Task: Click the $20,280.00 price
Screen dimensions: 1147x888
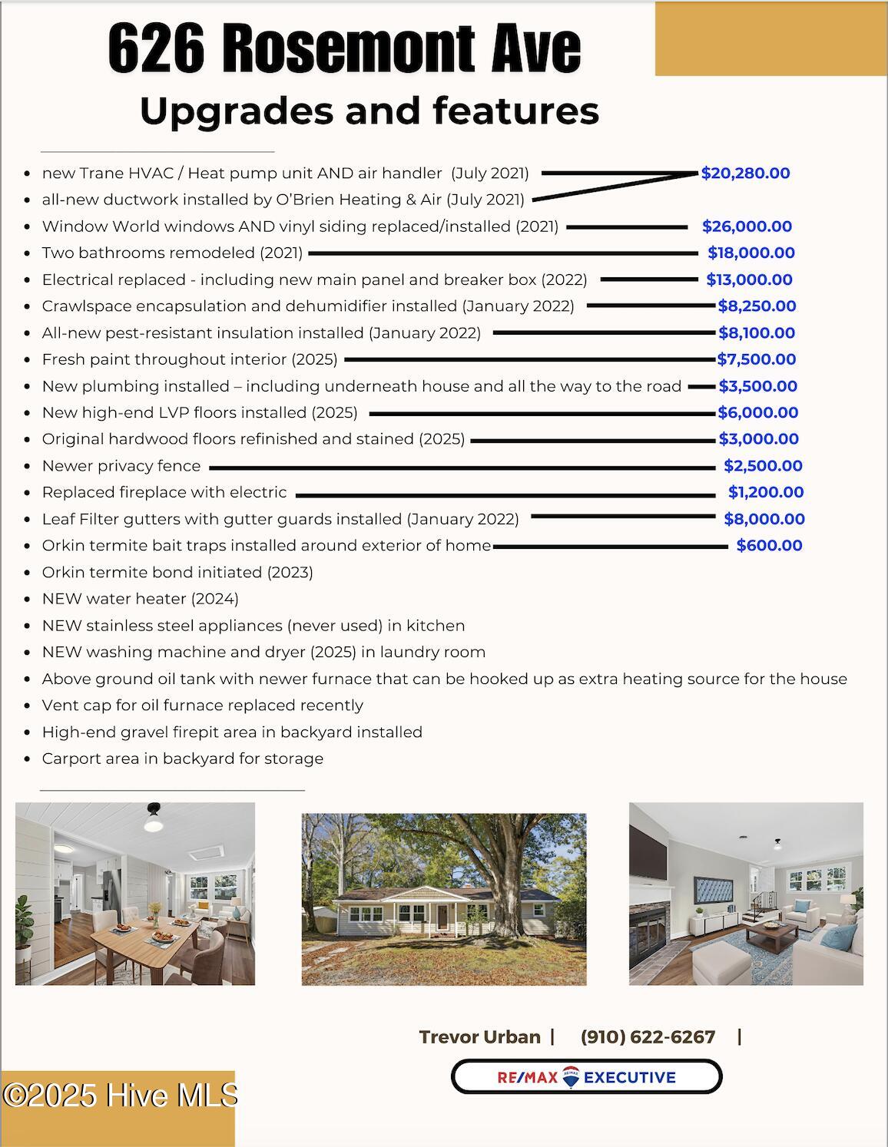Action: (745, 174)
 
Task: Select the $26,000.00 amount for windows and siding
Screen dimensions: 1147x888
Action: (747, 226)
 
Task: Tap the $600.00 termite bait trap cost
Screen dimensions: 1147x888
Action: (769, 546)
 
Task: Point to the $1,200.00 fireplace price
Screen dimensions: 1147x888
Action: (766, 492)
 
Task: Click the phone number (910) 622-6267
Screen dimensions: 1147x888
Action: (648, 1037)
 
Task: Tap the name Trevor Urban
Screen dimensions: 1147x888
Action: (479, 1037)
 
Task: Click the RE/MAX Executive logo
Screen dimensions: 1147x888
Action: (586, 1077)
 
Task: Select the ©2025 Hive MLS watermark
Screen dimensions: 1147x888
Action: (119, 1096)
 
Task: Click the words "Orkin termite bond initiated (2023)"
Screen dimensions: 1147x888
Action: (177, 573)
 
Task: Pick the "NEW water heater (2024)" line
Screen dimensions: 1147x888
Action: (140, 599)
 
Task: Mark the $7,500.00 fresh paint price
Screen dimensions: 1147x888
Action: (756, 359)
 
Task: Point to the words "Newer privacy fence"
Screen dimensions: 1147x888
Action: (121, 466)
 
